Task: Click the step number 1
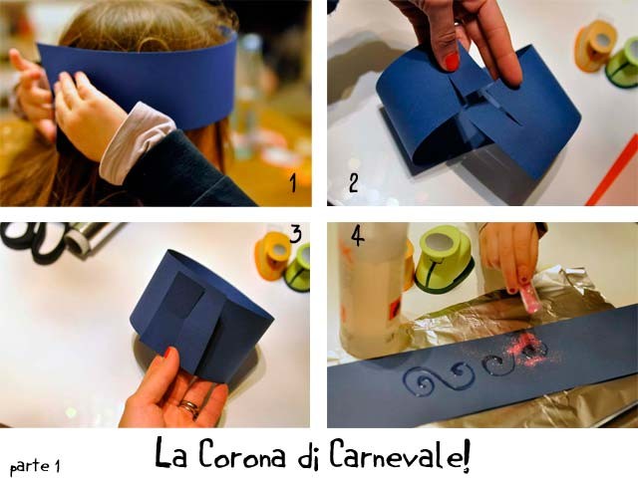[x=293, y=183]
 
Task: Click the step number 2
[x=354, y=182]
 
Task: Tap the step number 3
[x=296, y=234]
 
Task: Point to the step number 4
[x=358, y=235]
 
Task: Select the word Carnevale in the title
[x=400, y=453]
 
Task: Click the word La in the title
[x=170, y=453]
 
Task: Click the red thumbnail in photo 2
[x=452, y=62]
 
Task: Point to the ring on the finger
[x=189, y=407]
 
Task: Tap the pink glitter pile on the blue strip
[x=529, y=349]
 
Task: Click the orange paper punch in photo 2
[x=595, y=46]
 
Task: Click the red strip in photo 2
[x=611, y=170]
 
